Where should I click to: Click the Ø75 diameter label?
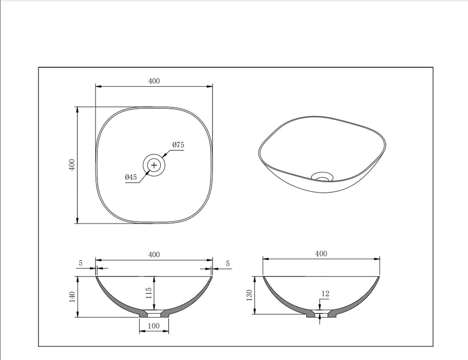click(x=178, y=145)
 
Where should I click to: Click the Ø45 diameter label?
click(x=131, y=177)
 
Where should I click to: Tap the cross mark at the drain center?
click(x=154, y=165)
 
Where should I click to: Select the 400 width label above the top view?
click(x=154, y=81)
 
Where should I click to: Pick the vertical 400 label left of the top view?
click(x=72, y=164)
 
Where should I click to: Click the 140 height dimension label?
click(x=72, y=297)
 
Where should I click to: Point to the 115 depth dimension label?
click(x=149, y=293)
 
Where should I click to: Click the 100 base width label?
click(x=154, y=326)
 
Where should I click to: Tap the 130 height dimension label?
click(x=250, y=295)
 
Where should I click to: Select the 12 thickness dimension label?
click(x=325, y=293)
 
